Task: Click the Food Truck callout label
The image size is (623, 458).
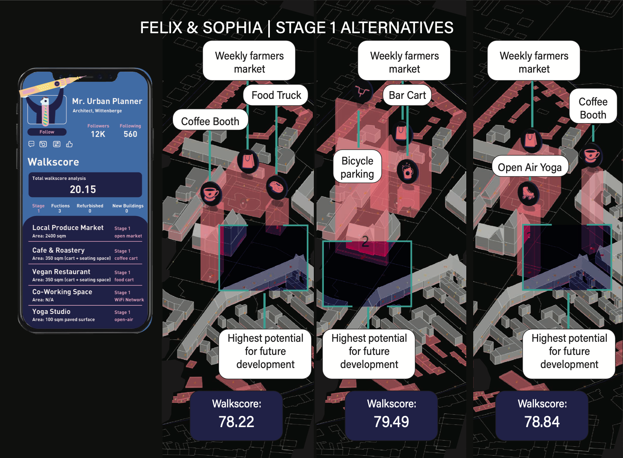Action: coord(276,95)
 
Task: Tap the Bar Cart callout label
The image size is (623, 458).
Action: coord(407,95)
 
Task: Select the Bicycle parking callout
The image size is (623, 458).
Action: coord(357,167)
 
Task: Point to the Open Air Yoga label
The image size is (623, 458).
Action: coord(530,167)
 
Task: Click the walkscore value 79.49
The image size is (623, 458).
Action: coord(391,422)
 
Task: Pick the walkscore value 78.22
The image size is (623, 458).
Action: coord(236,422)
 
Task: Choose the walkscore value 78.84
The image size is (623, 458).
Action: coord(542,422)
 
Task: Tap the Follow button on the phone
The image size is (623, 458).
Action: coord(47,132)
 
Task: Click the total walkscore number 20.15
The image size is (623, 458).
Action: coord(83,189)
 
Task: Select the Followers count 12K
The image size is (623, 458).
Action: coord(98,134)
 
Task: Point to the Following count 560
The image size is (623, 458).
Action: coord(130,134)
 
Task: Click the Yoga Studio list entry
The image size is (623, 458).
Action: coord(51,312)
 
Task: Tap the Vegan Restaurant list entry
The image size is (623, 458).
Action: coord(61,272)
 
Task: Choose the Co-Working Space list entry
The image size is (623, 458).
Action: coord(62,292)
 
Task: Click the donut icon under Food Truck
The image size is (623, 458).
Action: coord(276,187)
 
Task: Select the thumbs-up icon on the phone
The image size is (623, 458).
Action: coord(69,144)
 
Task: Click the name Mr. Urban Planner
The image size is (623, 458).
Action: coord(107,101)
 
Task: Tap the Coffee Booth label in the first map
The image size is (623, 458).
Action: coord(210,121)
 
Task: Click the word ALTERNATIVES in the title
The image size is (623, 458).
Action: coord(397,28)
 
